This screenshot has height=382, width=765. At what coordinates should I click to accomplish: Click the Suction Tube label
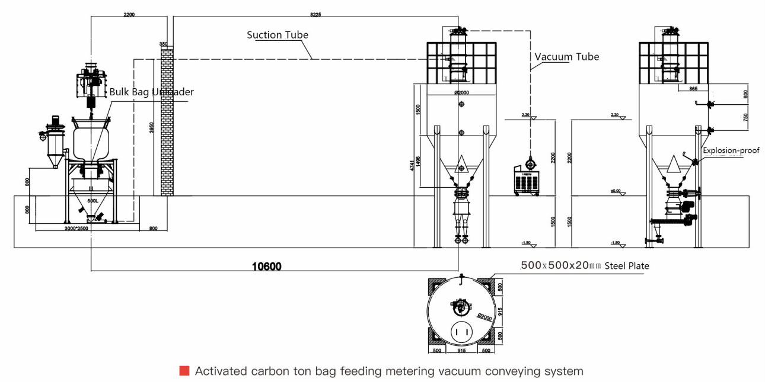[x=278, y=35]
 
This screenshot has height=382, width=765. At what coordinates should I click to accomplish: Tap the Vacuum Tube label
[x=567, y=57]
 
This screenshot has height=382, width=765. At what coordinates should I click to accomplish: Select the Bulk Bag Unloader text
[x=151, y=92]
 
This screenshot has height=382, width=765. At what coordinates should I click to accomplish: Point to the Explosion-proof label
[x=731, y=150]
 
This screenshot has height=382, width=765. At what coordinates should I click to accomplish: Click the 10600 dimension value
[x=267, y=267]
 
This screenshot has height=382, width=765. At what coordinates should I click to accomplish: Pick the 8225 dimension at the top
[x=315, y=14]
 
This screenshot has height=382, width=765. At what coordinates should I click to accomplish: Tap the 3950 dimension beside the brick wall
[x=152, y=128]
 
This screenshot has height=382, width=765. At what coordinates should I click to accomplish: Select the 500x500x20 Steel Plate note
[x=585, y=266]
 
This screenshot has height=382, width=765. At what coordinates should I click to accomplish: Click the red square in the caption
[x=184, y=371]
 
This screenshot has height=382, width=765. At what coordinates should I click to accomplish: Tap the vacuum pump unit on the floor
[x=528, y=177]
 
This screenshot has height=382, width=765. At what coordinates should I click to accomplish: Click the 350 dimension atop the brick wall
[x=164, y=44]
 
